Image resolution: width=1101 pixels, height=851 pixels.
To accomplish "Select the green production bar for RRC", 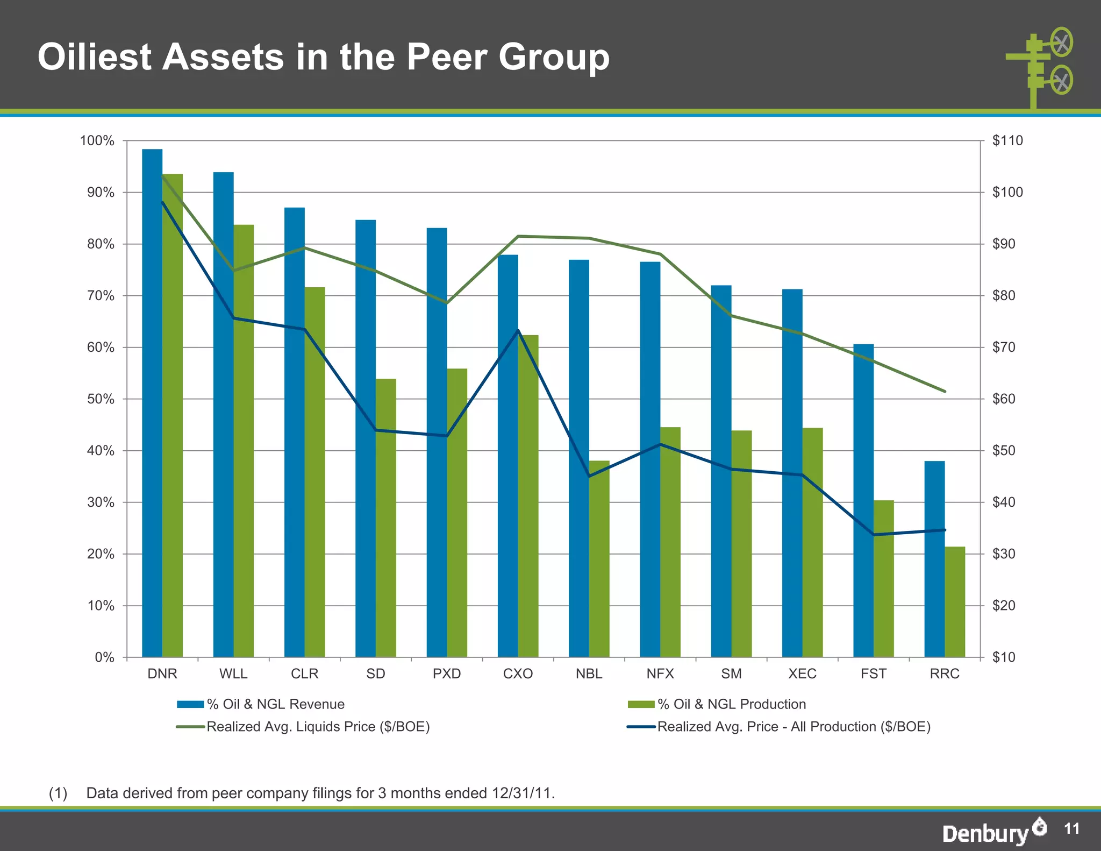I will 955,602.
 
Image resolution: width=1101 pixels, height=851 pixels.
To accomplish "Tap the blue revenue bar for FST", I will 863,500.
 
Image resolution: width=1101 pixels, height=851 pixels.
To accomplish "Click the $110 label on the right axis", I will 1007,141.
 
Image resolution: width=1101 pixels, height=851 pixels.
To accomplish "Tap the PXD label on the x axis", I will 447,673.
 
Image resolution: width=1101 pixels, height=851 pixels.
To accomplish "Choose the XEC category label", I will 802,673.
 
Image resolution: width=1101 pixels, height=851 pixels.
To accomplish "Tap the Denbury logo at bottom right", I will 993,832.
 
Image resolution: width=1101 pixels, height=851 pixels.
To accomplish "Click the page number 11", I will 1071,828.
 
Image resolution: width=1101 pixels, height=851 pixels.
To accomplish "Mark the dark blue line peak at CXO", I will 518,330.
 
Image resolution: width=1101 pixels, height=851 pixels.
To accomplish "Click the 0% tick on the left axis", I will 105,657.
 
